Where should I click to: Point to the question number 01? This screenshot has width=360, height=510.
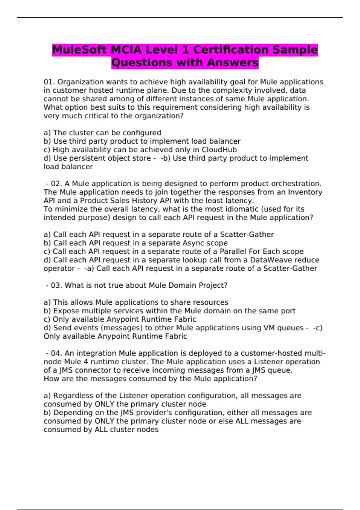(49, 82)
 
